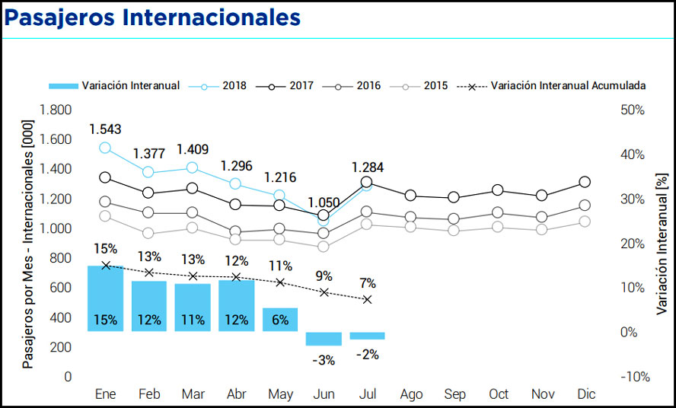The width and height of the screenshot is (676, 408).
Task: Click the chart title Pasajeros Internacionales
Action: [152, 17]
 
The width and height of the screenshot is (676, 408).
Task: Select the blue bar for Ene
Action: [105, 298]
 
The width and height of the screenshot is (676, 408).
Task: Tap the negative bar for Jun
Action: [324, 339]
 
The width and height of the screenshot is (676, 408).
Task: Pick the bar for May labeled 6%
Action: [280, 319]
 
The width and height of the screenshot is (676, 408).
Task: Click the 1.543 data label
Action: [105, 129]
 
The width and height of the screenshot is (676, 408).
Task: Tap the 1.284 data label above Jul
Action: [368, 167]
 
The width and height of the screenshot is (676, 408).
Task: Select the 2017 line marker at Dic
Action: [585, 182]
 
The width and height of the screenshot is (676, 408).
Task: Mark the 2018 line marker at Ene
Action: [105, 148]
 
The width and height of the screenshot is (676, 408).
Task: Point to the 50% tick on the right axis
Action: [633, 110]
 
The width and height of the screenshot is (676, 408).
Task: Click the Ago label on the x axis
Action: [411, 394]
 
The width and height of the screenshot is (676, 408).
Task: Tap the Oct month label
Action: [499, 394]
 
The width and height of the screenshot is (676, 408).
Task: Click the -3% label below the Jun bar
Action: [324, 360]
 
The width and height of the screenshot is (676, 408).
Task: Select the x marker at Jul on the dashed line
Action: [368, 299]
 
